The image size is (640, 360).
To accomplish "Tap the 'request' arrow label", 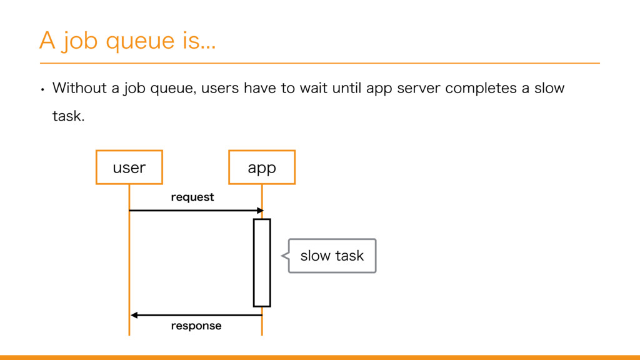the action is pos(192,197).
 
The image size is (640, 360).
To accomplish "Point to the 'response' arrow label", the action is pos(196,326).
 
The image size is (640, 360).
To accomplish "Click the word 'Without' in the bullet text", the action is pos(79,88).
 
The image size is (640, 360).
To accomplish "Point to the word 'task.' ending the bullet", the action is pos(69,116).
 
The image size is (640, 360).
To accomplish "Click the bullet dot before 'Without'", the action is pos(42,89).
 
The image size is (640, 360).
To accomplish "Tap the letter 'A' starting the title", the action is pos(47,41).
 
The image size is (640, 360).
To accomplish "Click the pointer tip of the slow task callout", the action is pos(281,256).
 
